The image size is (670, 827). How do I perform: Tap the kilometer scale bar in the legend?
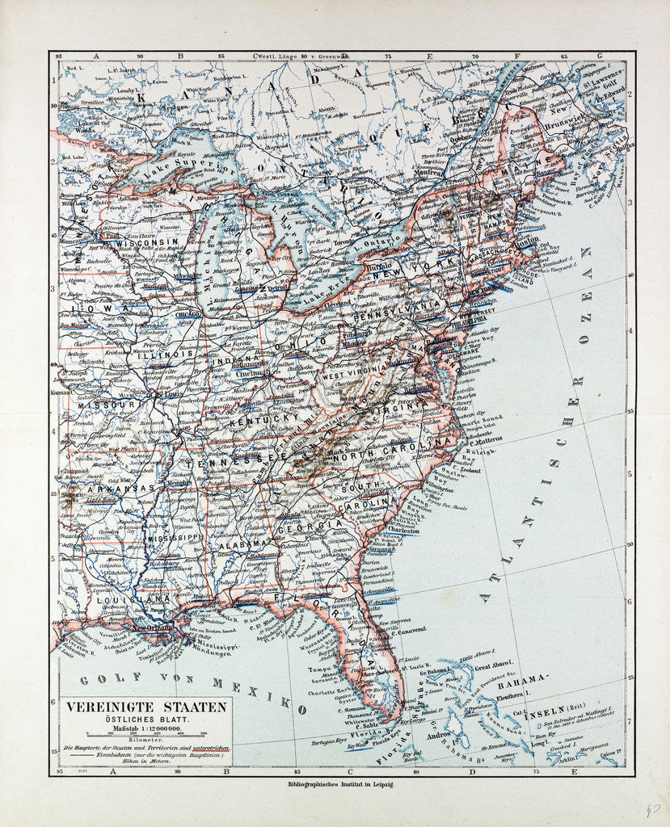[145, 733]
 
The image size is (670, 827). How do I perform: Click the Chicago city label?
[187, 313]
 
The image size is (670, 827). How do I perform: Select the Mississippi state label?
[174, 536]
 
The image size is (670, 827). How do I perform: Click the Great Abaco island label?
[495, 666]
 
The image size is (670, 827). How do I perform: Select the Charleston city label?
[404, 531]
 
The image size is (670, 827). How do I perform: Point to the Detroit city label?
[277, 288]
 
